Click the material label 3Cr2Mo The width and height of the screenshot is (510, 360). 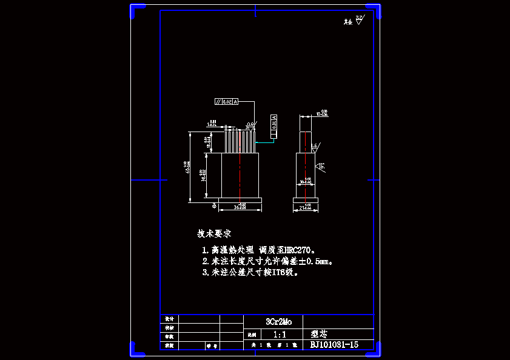[x=278, y=322]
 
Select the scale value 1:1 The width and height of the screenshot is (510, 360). [x=280, y=334]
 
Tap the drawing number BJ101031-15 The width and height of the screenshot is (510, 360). [x=334, y=345]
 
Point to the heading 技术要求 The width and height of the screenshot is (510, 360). [x=214, y=233]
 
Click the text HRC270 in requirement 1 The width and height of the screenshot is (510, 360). [x=296, y=250]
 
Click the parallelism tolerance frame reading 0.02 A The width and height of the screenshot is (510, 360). [x=227, y=101]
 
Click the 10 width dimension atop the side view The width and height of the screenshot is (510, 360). [x=323, y=113]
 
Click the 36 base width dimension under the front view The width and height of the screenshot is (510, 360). [x=240, y=207]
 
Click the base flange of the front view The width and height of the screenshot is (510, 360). [x=240, y=200]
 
